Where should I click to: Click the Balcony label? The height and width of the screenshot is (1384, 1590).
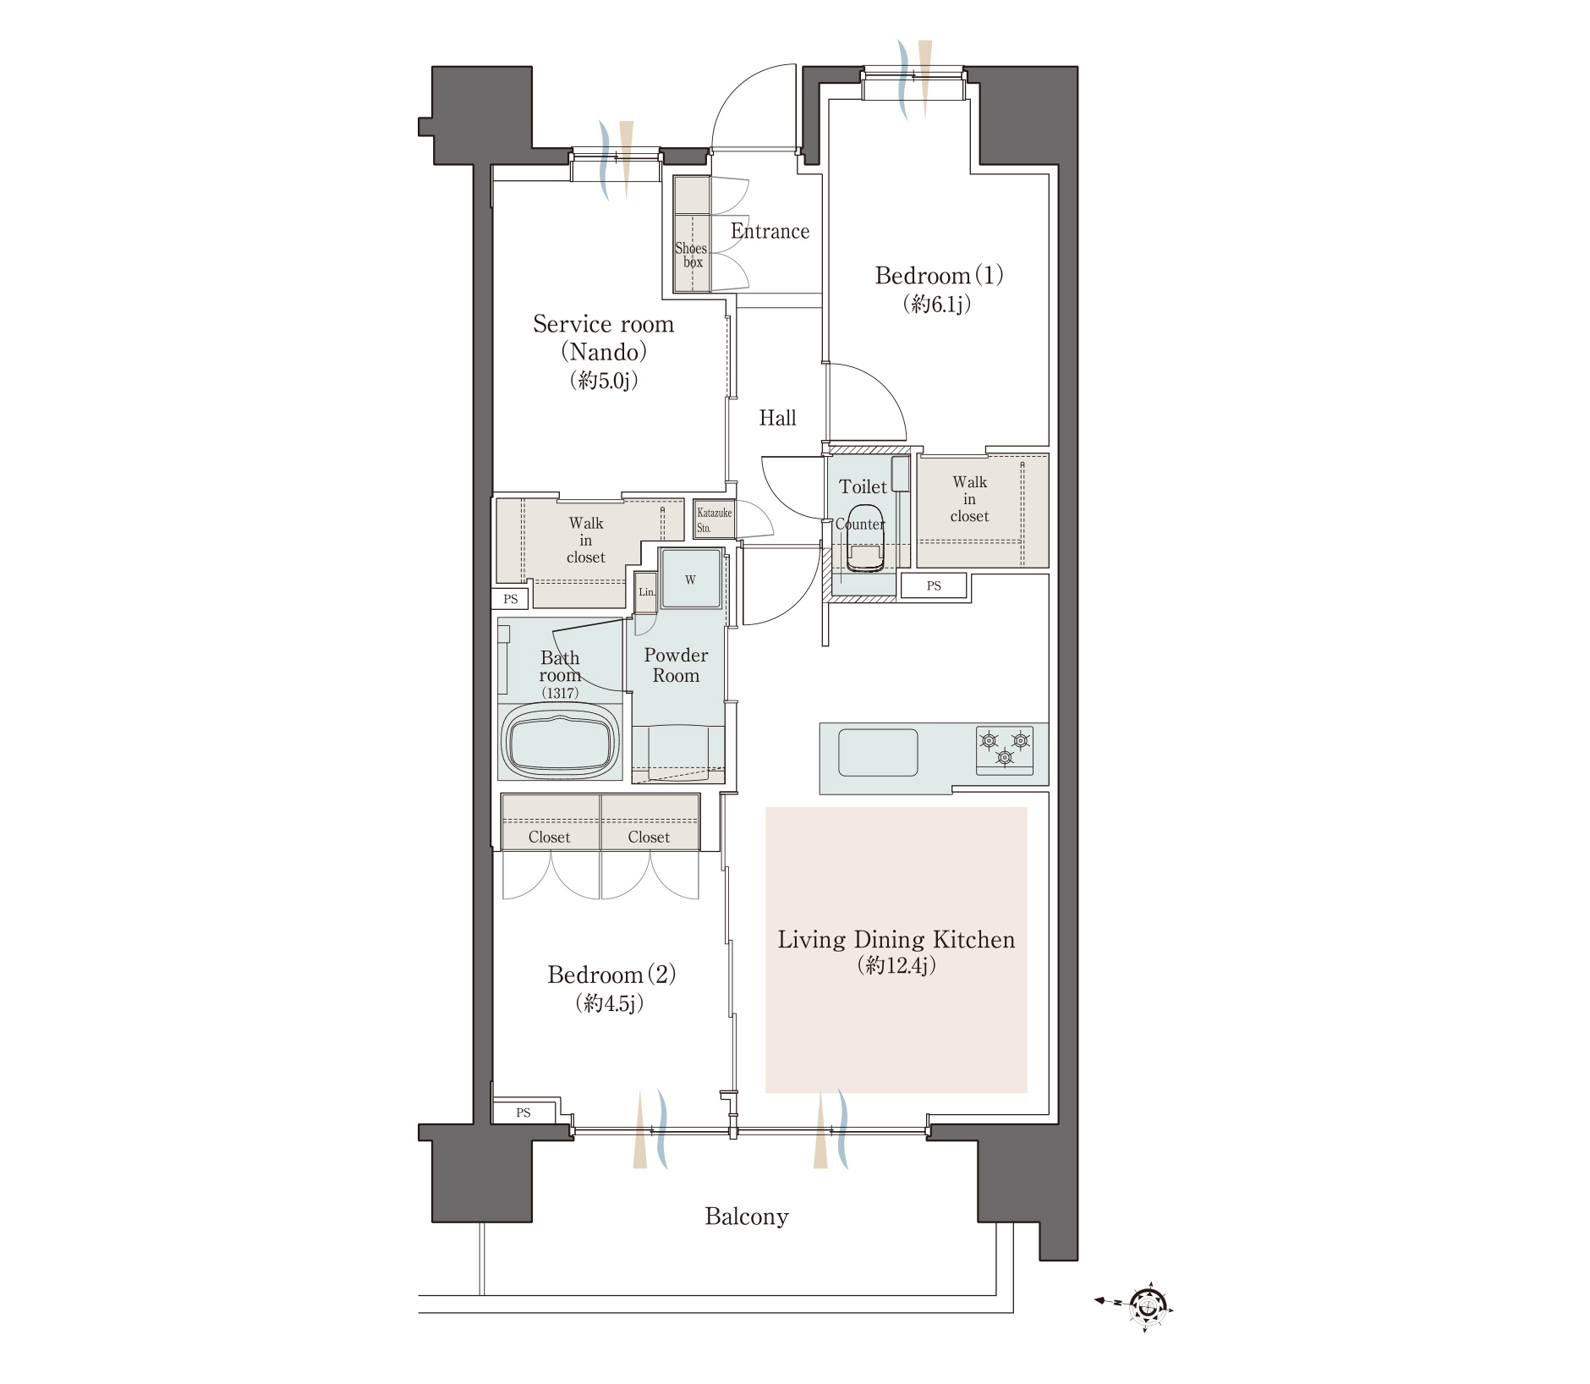[x=747, y=1216]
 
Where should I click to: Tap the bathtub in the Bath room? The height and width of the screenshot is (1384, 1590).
[x=560, y=741]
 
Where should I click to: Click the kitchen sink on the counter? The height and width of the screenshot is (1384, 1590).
[x=878, y=752]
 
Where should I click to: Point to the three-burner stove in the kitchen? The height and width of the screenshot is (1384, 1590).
[x=1005, y=750]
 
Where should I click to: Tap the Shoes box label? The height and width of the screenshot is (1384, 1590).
[x=691, y=255]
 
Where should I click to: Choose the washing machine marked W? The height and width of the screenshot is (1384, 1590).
[x=691, y=579]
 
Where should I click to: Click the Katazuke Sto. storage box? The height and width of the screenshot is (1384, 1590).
[x=715, y=519]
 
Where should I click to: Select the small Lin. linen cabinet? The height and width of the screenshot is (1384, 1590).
[x=646, y=592]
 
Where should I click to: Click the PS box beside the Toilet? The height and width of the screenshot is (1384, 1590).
[x=934, y=585]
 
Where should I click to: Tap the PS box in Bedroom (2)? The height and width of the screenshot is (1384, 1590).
[x=524, y=1112]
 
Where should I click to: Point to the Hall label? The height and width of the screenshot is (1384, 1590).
[x=777, y=418]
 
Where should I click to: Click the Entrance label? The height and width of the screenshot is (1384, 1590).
[x=770, y=231]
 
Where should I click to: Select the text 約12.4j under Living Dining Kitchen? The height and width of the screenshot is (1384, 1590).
[x=896, y=966]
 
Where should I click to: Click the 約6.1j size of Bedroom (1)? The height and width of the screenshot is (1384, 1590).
[x=937, y=304]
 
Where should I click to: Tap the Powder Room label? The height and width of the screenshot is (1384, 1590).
[x=676, y=665]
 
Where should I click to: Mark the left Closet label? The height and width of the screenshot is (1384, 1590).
[x=549, y=837]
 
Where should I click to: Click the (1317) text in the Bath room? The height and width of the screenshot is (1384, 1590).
[x=560, y=693]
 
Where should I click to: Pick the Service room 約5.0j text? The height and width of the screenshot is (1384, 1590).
[x=604, y=381]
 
